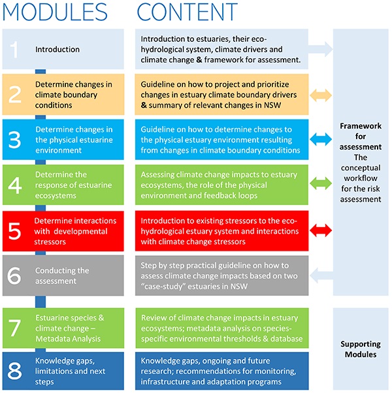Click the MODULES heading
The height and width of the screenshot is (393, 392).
pyautogui.click(x=55, y=12)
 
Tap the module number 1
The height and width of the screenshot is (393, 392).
pyautogui.click(x=14, y=50)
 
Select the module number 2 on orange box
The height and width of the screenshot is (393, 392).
pyautogui.click(x=14, y=94)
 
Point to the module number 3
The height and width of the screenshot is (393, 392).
pyautogui.click(x=14, y=139)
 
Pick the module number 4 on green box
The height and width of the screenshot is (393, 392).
pyautogui.click(x=14, y=185)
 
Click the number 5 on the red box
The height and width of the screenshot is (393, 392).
pyautogui.click(x=14, y=230)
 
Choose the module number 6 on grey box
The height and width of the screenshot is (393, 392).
pyautogui.click(x=14, y=276)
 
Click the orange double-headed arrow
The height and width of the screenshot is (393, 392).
pyautogui.click(x=320, y=94)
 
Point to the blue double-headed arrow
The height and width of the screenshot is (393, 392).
pyautogui.click(x=320, y=138)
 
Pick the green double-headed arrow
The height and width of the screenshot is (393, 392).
pyautogui.click(x=320, y=184)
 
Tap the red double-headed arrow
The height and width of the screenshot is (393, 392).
pyautogui.click(x=320, y=230)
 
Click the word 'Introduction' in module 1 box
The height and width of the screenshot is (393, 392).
pyautogui.click(x=57, y=50)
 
